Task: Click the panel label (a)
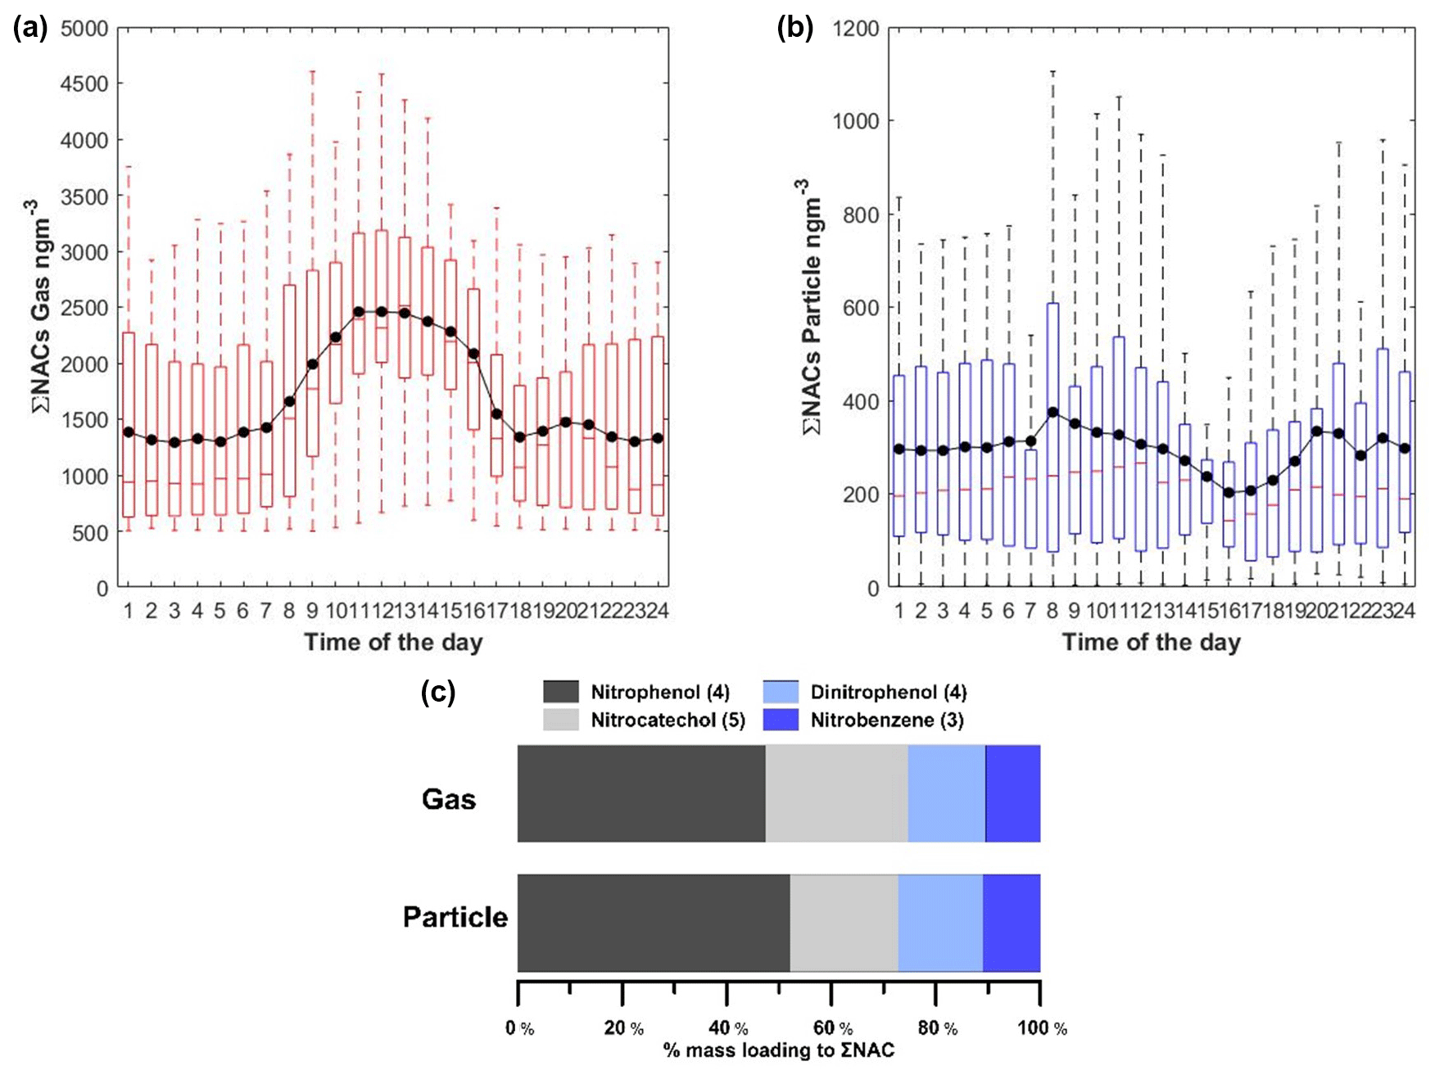tap(29, 29)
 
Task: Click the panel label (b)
tap(794, 29)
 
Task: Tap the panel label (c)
tap(438, 693)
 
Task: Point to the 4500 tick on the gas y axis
tap(84, 84)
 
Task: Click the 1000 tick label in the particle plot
tap(856, 121)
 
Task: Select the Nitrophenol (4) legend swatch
tap(561, 692)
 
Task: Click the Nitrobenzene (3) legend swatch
tap(781, 720)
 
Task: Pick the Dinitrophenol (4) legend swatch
tap(781, 692)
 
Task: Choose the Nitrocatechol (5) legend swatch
tap(561, 720)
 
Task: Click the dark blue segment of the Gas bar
tap(1013, 793)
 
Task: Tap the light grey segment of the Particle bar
tap(844, 923)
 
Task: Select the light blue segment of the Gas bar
tap(947, 793)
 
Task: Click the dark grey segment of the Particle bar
tap(654, 923)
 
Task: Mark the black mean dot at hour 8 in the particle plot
tap(1052, 413)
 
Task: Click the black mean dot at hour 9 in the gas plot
tap(312, 364)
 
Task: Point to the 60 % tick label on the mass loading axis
tap(833, 1028)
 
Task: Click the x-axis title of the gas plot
tap(393, 642)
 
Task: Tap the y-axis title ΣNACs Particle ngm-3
tap(811, 307)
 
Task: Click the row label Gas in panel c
tap(449, 799)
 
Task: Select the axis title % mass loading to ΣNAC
tap(778, 1050)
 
